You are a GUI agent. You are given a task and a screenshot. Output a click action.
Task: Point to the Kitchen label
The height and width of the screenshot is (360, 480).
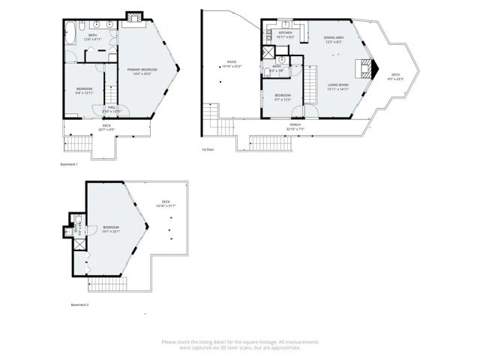pos(285,34)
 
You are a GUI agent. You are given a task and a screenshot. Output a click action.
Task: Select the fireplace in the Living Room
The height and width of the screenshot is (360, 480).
pos(364,70)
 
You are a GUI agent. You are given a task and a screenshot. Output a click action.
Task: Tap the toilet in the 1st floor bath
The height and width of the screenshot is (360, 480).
pos(268,73)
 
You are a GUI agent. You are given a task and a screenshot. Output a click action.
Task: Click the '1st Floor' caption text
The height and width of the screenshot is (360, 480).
pos(208,149)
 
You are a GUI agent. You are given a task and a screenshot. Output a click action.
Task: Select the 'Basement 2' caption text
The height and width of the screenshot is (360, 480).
pos(79,304)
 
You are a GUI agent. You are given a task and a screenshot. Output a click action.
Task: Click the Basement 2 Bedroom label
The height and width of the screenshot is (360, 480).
pos(111,229)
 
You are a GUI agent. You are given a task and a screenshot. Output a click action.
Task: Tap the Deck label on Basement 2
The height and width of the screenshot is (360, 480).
pos(165,203)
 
